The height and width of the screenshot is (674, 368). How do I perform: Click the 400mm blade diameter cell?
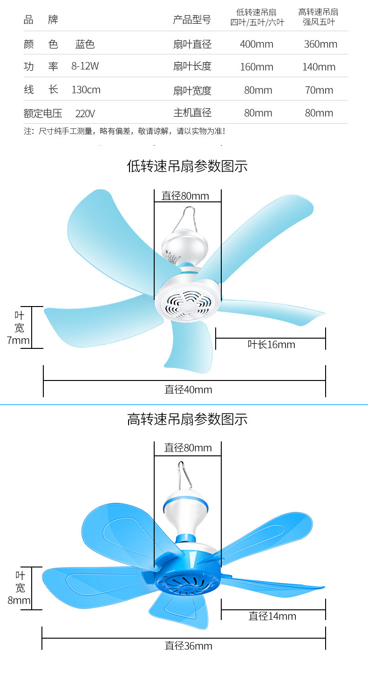pyautogui.click(x=257, y=44)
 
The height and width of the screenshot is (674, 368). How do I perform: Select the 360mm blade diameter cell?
pyautogui.click(x=320, y=44)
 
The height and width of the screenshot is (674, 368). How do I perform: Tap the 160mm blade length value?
pyautogui.click(x=257, y=67)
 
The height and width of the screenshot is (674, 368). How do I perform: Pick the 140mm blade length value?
pyautogui.click(x=319, y=67)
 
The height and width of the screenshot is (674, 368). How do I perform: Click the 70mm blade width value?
pyautogui.click(x=319, y=90)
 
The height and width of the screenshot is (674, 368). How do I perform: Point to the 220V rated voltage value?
pyautogui.click(x=85, y=113)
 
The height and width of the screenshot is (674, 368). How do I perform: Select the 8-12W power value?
pyautogui.click(x=85, y=66)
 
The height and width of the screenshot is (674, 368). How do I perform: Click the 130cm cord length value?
pyautogui.click(x=86, y=89)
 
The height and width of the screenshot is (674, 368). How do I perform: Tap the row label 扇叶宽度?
pyautogui.click(x=192, y=90)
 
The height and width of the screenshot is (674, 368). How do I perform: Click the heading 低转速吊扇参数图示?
pyautogui.click(x=187, y=166)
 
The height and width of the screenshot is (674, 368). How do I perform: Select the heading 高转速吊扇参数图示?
pyautogui.click(x=187, y=419)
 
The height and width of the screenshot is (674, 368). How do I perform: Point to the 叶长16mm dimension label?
pyautogui.click(x=271, y=345)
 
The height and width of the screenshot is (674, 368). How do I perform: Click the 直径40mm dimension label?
pyautogui.click(x=188, y=389)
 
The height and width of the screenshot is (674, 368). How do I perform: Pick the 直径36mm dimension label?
pyautogui.click(x=188, y=646)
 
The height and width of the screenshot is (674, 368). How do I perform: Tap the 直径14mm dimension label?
pyautogui.click(x=273, y=616)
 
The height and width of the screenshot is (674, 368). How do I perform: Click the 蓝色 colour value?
pyautogui.click(x=85, y=44)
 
